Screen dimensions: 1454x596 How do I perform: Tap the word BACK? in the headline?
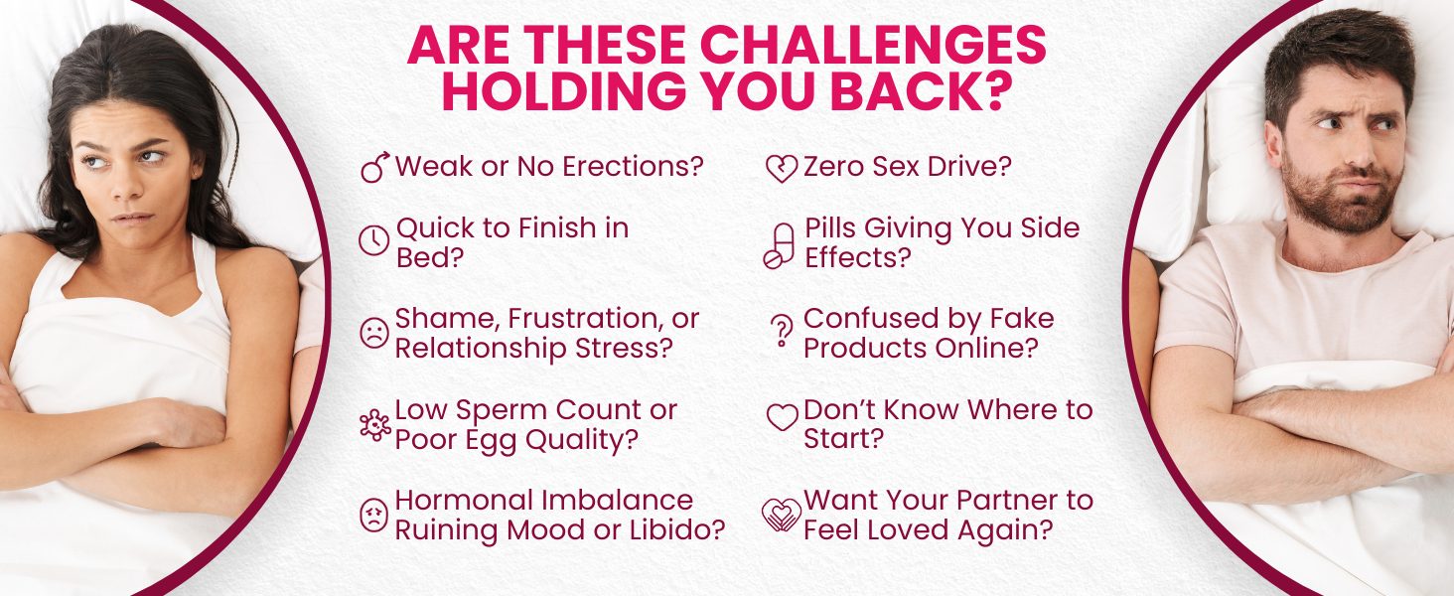922,91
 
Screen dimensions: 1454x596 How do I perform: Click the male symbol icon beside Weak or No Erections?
375,167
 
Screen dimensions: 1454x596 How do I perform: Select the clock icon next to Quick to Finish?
373,240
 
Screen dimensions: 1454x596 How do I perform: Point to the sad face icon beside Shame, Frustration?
373,333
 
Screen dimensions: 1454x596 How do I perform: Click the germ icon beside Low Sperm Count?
375,425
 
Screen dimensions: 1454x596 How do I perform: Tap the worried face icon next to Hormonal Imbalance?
373,516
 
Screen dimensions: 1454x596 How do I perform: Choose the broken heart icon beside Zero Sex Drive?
782,169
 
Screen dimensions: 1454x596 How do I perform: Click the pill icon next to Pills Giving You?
779,246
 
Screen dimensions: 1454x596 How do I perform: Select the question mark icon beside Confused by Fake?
782,331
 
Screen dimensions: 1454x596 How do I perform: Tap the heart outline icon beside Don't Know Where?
782,417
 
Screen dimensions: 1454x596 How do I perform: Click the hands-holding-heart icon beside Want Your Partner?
782,515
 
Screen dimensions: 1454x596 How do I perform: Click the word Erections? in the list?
633,167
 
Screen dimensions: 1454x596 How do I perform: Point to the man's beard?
1341,195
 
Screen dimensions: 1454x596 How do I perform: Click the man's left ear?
1273,145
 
